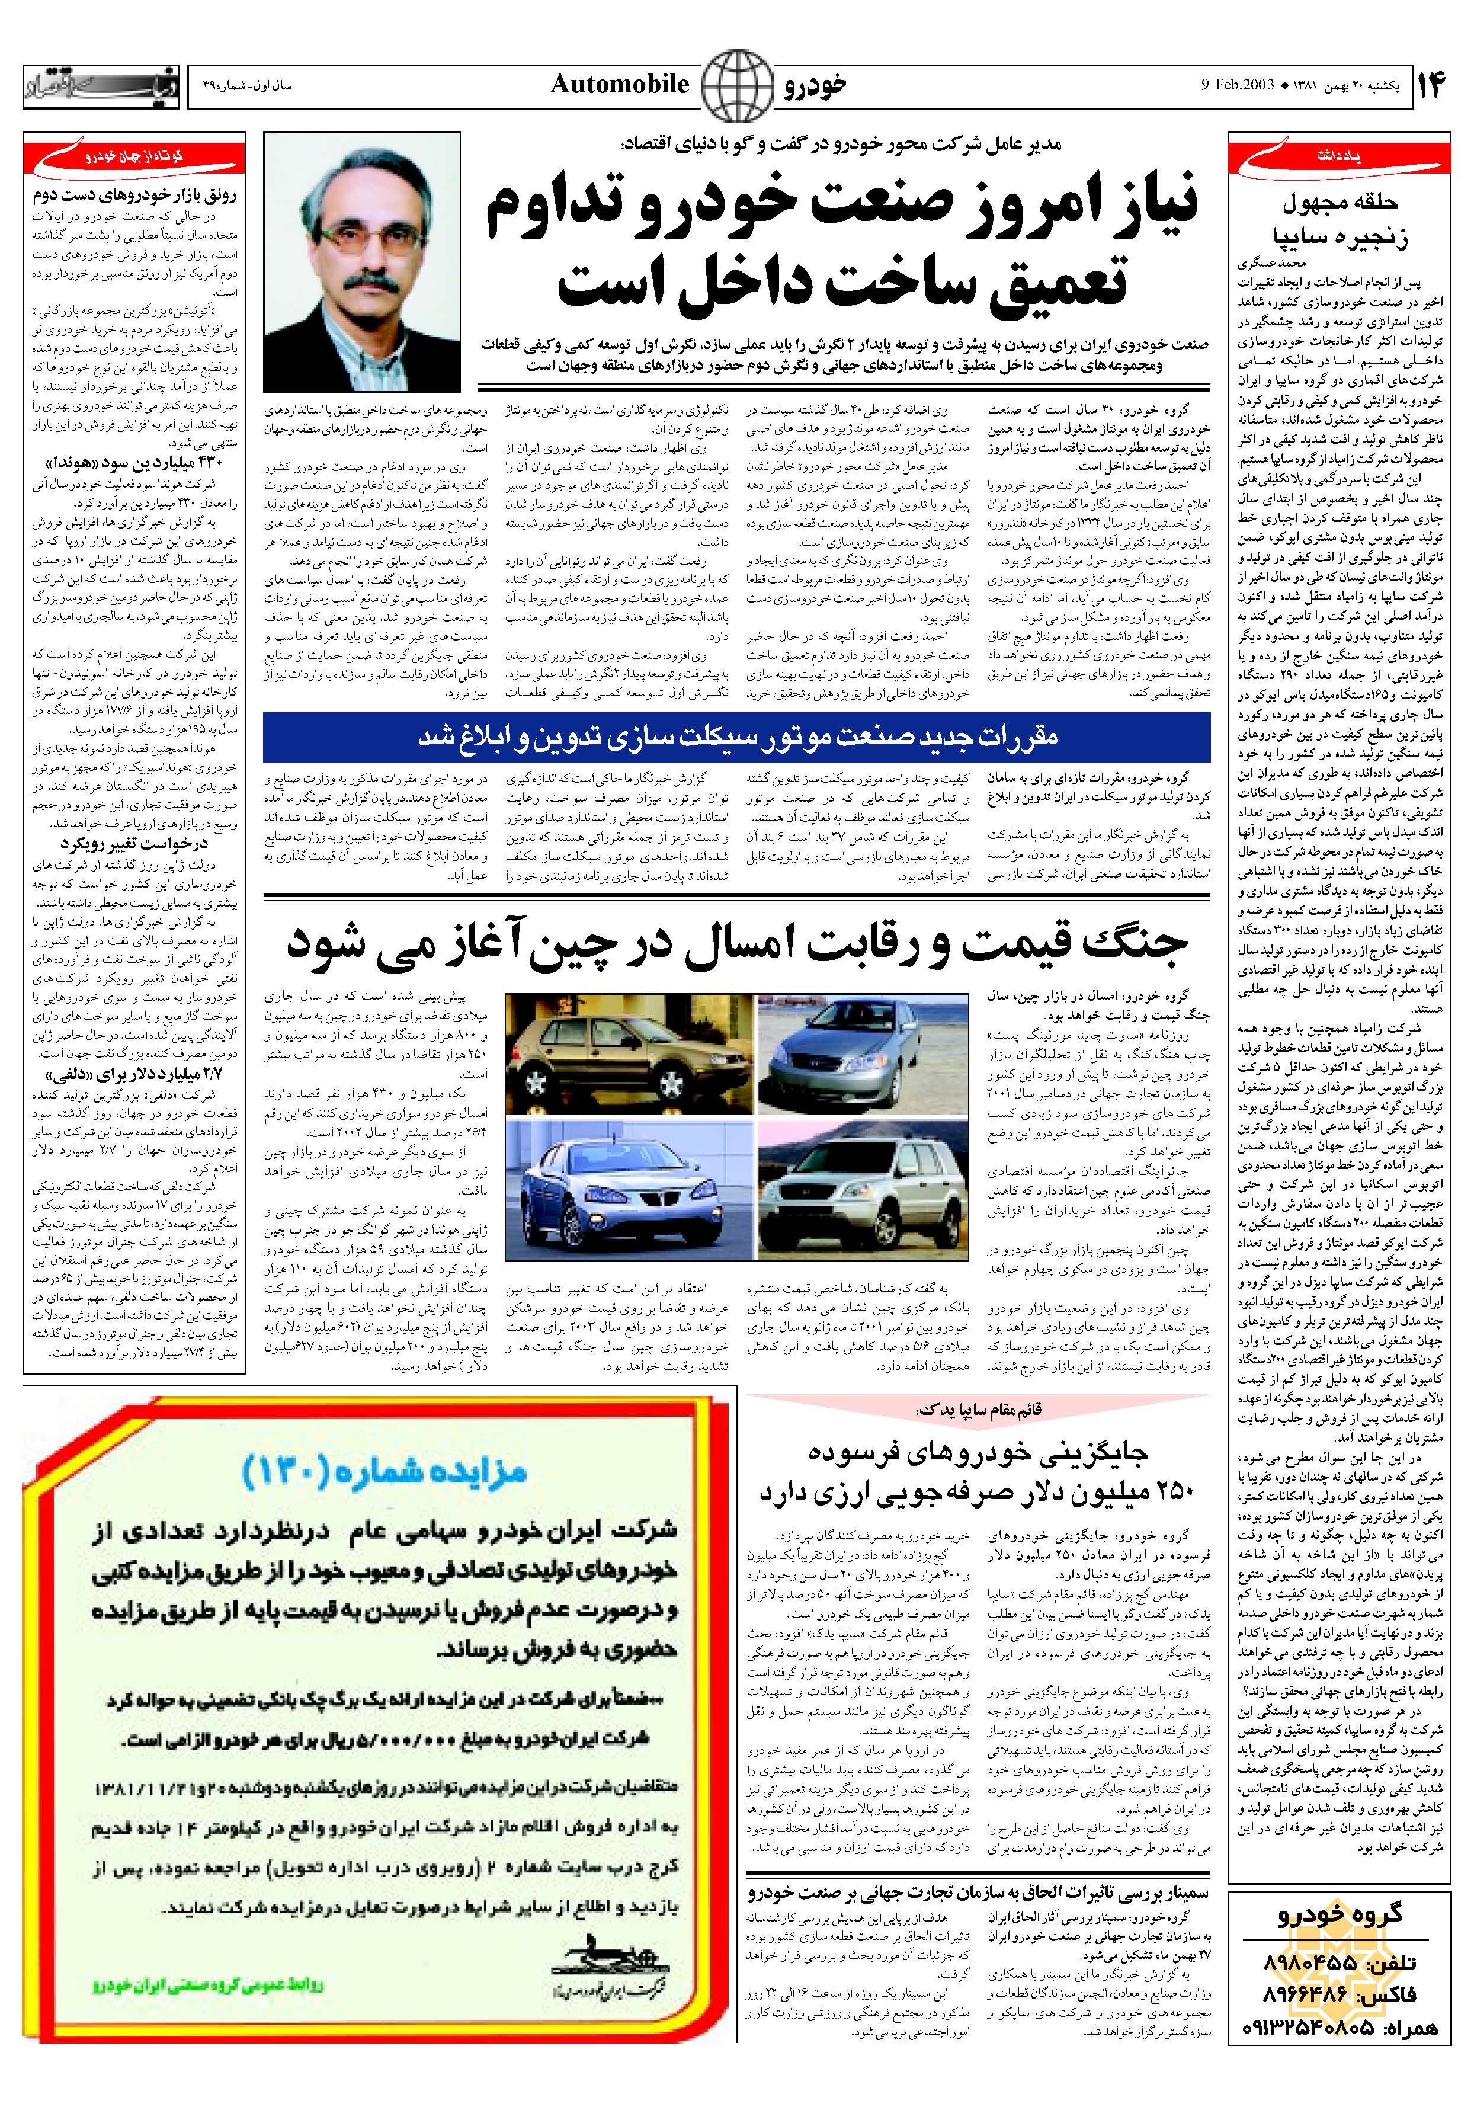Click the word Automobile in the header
(620, 85)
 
